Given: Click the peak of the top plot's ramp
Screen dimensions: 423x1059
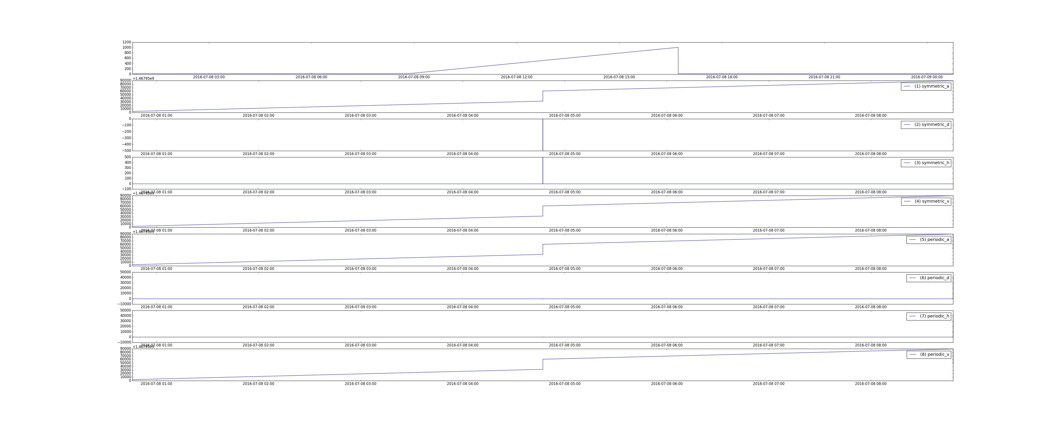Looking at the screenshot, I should tap(678, 48).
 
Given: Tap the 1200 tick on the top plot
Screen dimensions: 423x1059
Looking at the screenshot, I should tap(126, 42).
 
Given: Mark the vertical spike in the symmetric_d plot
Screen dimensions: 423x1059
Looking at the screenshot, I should tap(543, 136).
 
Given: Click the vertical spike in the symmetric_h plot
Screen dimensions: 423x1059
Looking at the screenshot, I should tap(543, 170).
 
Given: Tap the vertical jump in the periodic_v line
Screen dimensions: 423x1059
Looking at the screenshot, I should tap(543, 364).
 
